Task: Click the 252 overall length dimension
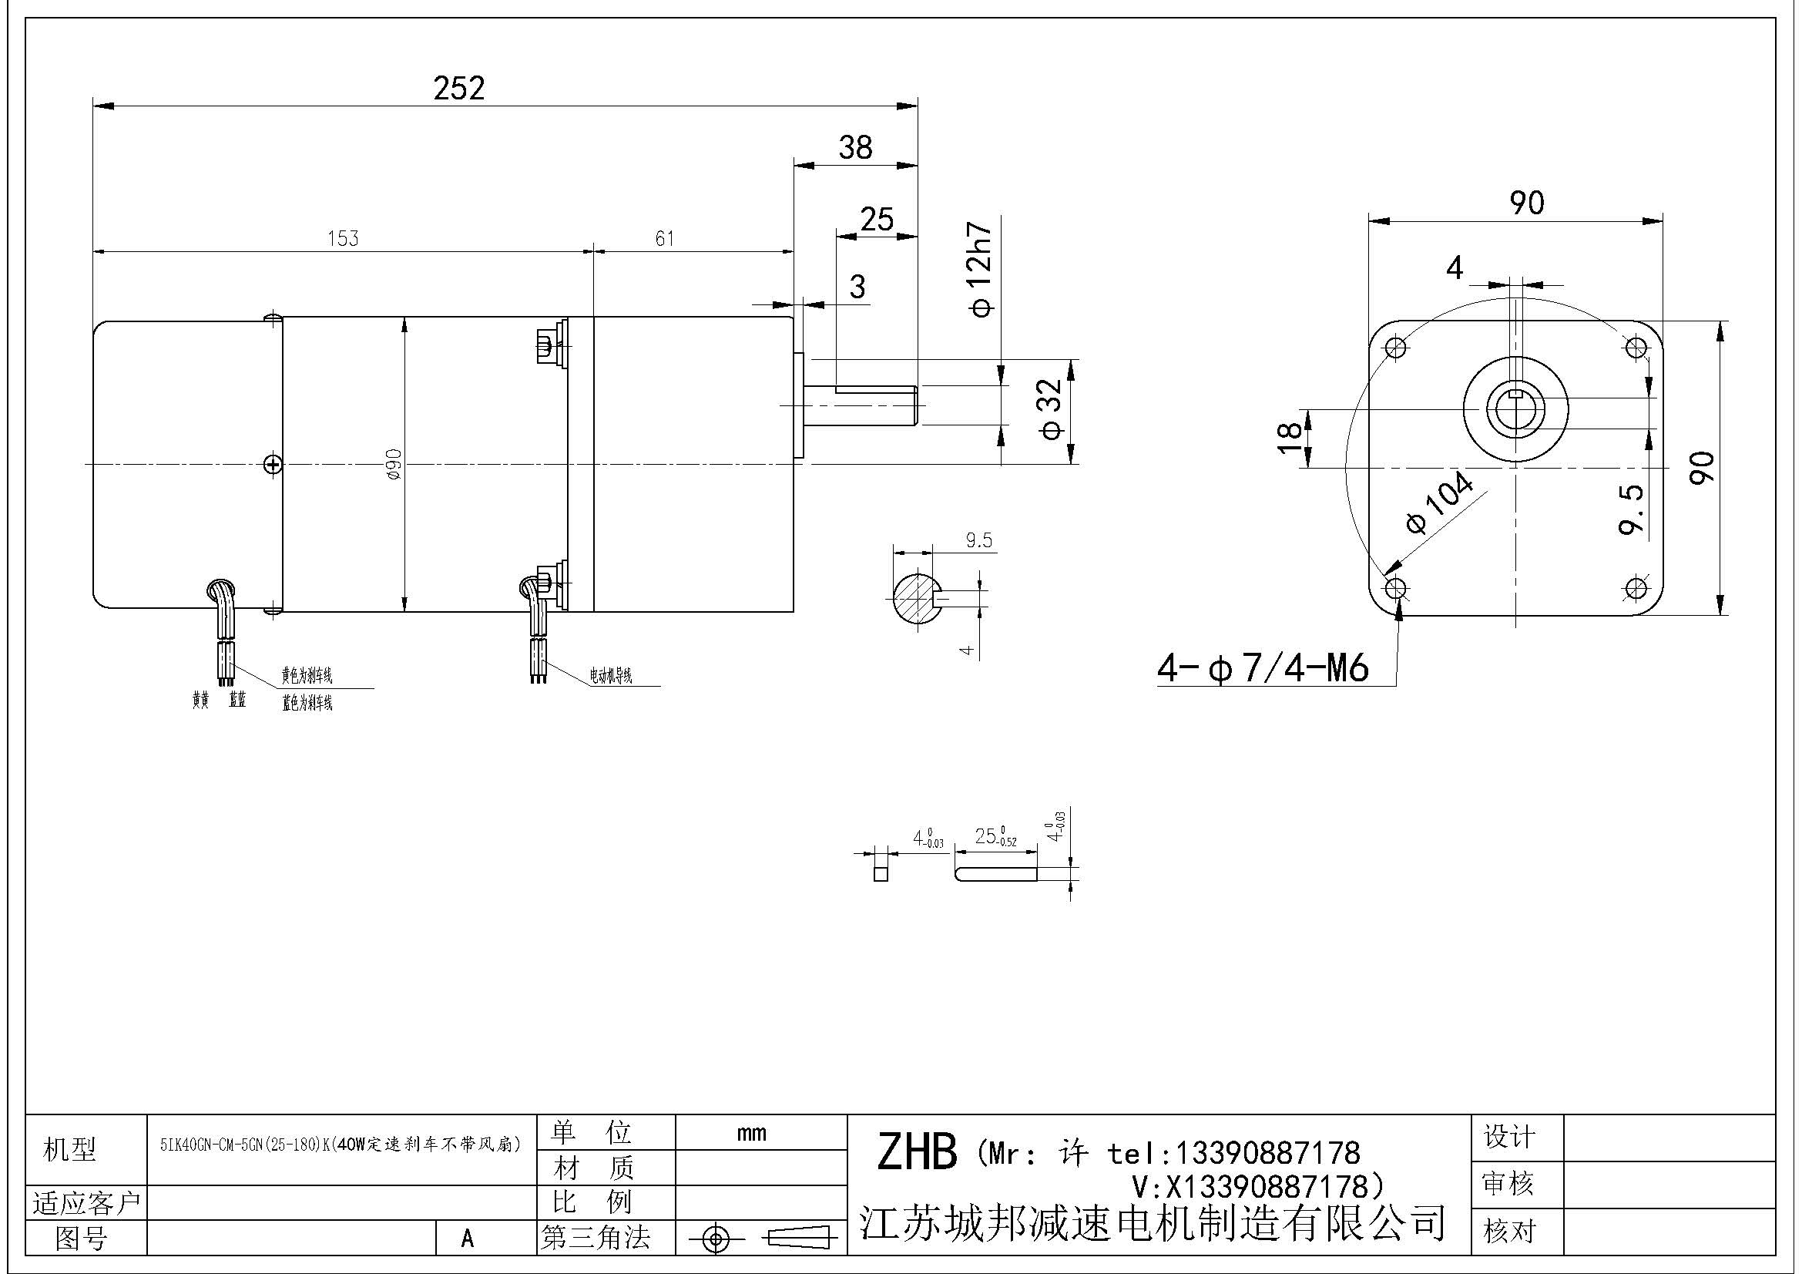[459, 88]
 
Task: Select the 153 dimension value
[343, 238]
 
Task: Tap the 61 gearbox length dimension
[664, 238]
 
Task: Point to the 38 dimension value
[854, 147]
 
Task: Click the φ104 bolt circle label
[1439, 503]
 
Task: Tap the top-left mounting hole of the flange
[1395, 347]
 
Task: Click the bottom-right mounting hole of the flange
[1636, 588]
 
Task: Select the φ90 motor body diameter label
[394, 464]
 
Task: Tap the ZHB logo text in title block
[917, 1152]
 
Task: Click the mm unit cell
[751, 1133]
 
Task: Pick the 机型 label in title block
[69, 1150]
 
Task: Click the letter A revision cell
[468, 1239]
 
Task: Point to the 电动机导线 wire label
[611, 676]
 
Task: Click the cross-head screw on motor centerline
[273, 466]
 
